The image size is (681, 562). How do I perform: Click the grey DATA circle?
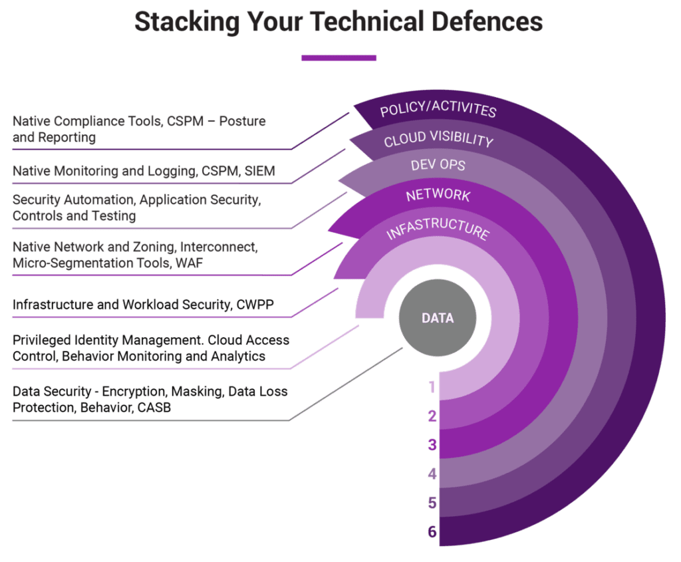(438, 318)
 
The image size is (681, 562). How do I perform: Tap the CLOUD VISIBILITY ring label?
(438, 140)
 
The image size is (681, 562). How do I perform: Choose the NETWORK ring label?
(438, 196)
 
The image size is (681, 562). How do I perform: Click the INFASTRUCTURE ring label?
(438, 229)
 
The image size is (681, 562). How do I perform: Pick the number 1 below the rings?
(432, 387)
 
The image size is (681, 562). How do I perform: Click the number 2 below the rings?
(432, 416)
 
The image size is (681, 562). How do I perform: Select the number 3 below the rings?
(432, 445)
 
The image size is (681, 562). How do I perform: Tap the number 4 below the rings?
(432, 474)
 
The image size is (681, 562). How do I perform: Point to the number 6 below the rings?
(432, 532)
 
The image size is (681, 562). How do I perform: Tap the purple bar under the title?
(339, 58)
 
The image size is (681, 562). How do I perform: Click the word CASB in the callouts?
(154, 408)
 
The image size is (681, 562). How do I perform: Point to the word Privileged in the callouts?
(41, 340)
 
